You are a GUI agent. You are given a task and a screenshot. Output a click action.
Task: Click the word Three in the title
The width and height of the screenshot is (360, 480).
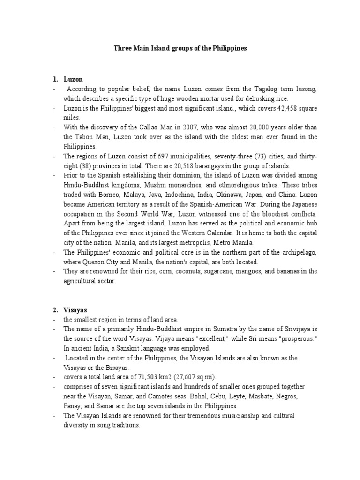pos(123,48)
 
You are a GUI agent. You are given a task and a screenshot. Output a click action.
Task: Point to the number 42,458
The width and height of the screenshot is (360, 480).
pos(278,108)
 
